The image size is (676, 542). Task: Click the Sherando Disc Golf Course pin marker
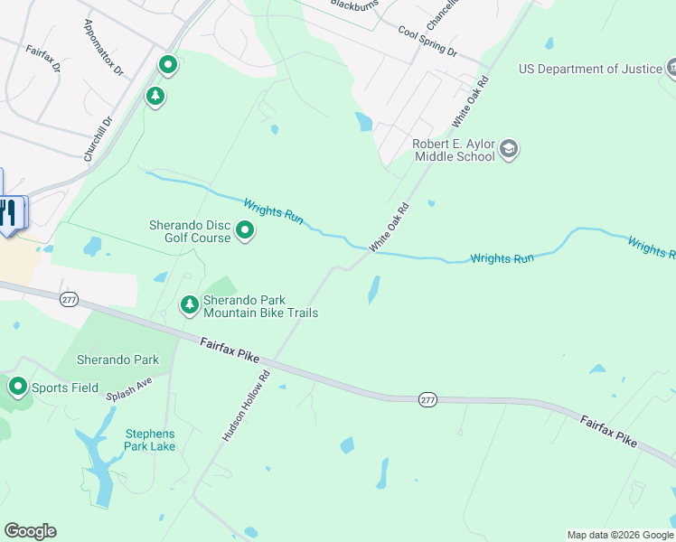[245, 232]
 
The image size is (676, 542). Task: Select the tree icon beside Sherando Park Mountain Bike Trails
[190, 305]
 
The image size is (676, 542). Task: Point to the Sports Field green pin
[17, 388]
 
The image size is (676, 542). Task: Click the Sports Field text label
[65, 388]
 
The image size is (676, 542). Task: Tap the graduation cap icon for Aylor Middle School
[509, 149]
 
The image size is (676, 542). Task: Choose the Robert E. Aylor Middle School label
[454, 149]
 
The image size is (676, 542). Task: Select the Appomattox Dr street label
[102, 48]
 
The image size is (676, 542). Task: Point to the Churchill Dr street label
[98, 138]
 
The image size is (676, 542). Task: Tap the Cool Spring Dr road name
[427, 40]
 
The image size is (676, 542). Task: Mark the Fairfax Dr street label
[43, 60]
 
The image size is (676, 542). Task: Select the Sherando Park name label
[117, 360]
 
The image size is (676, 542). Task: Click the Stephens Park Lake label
[150, 440]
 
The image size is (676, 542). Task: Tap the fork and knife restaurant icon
[7, 212]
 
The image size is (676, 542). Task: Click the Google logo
[30, 531]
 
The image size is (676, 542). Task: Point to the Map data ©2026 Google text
[620, 535]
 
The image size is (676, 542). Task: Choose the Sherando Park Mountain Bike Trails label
[260, 306]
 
